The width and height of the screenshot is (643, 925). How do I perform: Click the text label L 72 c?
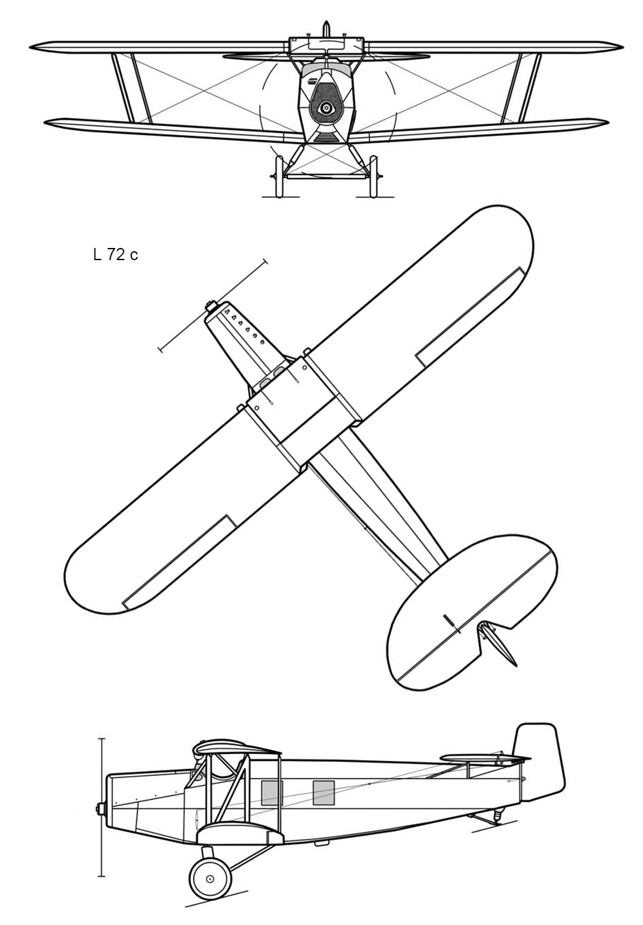point(115,255)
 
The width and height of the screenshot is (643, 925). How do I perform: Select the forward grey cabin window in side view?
point(272,793)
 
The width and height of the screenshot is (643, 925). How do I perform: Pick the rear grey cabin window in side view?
point(323,793)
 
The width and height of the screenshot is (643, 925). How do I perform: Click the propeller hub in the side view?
point(100,809)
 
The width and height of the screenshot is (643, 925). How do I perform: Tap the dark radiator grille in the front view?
point(325,102)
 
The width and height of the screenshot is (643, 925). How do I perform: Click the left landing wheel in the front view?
point(279,177)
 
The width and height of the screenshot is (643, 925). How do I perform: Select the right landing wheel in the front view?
point(373,177)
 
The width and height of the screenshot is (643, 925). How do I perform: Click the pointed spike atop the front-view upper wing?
point(326,29)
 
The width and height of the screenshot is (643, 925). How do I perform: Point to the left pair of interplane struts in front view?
point(131,88)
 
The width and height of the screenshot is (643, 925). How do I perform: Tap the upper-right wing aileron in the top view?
point(470,317)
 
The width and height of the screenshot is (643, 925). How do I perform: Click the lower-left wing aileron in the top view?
point(179,563)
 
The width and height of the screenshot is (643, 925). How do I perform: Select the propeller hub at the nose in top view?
point(211,306)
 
